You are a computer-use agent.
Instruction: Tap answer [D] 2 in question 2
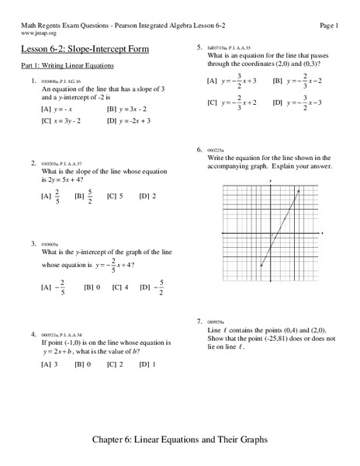click(147, 196)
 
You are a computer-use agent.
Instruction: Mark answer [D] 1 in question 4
click(147, 363)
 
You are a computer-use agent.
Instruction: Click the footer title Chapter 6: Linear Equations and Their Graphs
click(179, 440)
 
